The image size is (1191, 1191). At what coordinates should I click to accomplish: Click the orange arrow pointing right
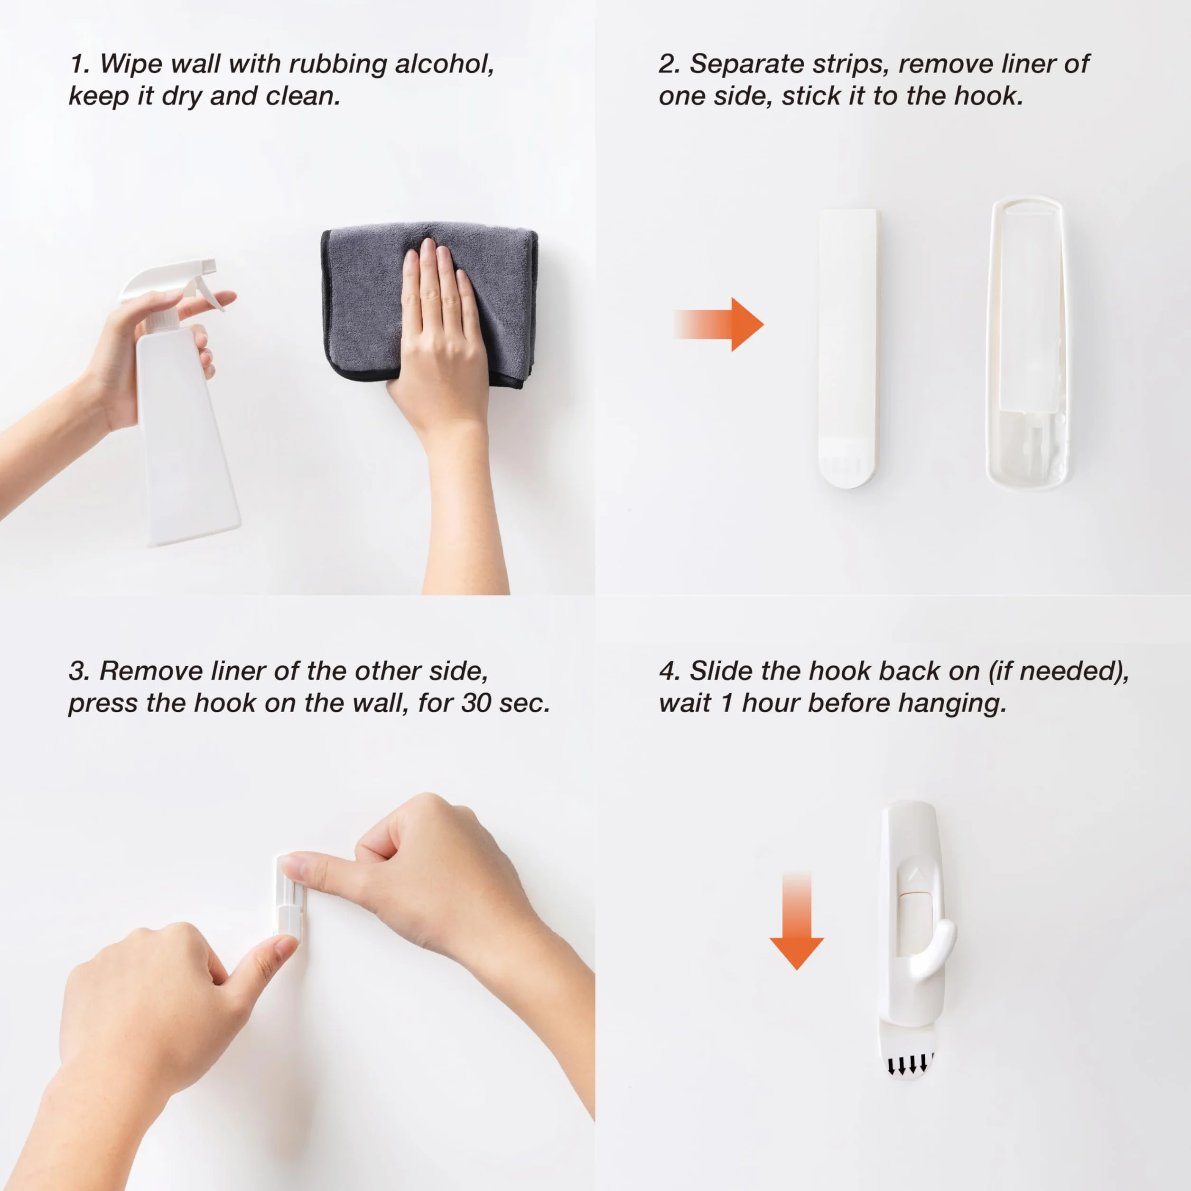(719, 324)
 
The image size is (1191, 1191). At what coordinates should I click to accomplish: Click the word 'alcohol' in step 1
(444, 64)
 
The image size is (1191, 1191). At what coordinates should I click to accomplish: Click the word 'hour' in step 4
(771, 703)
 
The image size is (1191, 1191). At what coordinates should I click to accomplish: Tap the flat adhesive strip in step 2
(847, 348)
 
